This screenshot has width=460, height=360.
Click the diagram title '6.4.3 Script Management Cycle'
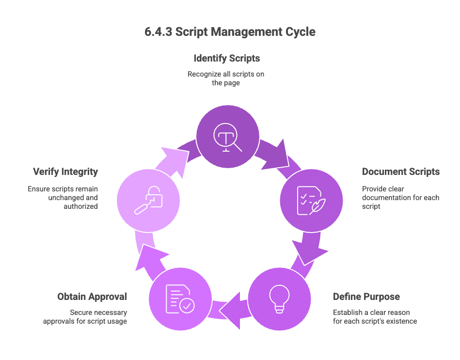pyautogui.click(x=230, y=32)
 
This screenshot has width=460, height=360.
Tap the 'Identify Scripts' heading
pyautogui.click(x=226, y=58)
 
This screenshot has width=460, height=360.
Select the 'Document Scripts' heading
pyautogui.click(x=401, y=172)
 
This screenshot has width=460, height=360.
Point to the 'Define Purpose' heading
pyautogui.click(x=366, y=297)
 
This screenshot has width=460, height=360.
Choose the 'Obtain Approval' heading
pyautogui.click(x=92, y=297)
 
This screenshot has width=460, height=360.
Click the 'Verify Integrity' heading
pyautogui.click(x=65, y=172)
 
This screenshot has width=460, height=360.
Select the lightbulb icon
pyautogui.click(x=280, y=297)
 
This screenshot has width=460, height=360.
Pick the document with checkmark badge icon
pyautogui.click(x=180, y=298)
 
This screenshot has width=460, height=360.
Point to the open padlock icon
pyautogui.click(x=148, y=200)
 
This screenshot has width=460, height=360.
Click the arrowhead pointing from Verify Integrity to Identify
pyautogui.click(x=173, y=154)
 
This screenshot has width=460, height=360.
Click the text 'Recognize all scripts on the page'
pyautogui.click(x=226, y=78)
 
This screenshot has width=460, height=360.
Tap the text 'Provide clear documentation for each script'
pyautogui.click(x=400, y=197)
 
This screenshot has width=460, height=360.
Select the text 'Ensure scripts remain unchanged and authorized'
pyautogui.click(x=63, y=197)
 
